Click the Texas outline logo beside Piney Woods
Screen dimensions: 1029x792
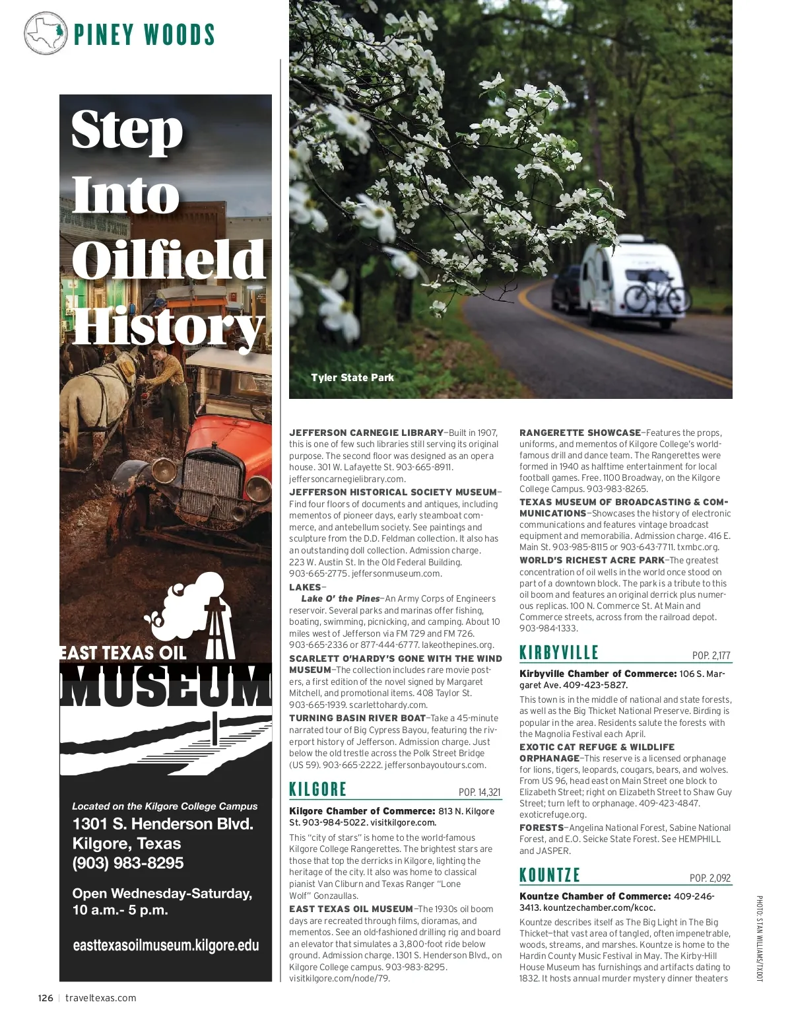(x=46, y=33)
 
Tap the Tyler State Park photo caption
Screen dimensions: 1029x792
(x=352, y=378)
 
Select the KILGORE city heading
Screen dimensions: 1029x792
(x=318, y=789)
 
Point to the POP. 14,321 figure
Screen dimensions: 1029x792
(x=479, y=793)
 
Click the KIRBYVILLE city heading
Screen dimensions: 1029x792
(x=559, y=653)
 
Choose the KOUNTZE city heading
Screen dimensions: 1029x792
(x=550, y=875)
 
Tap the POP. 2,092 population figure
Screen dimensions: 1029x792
(x=710, y=878)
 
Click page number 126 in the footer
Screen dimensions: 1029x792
(x=45, y=998)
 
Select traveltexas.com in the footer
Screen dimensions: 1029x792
(x=101, y=998)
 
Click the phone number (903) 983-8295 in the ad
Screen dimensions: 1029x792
(x=128, y=863)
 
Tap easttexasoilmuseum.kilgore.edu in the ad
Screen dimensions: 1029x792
(x=166, y=945)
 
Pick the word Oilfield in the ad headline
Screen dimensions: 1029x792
(x=168, y=261)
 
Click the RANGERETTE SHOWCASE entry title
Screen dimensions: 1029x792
(x=580, y=433)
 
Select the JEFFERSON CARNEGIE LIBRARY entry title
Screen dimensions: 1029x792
(x=366, y=433)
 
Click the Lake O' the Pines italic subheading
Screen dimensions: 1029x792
(x=341, y=598)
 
